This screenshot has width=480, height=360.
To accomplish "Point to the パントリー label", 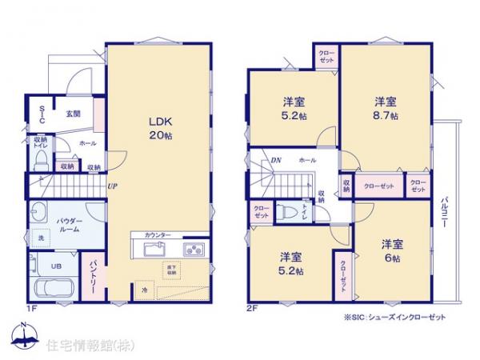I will [x=93, y=277].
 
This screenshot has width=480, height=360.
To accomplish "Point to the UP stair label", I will [x=114, y=186].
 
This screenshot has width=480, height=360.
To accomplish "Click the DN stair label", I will [x=275, y=161].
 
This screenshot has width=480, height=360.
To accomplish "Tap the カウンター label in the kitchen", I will [x=158, y=235].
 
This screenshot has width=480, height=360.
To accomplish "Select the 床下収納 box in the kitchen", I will [x=171, y=270].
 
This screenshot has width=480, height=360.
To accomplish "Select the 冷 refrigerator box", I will [x=144, y=290].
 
